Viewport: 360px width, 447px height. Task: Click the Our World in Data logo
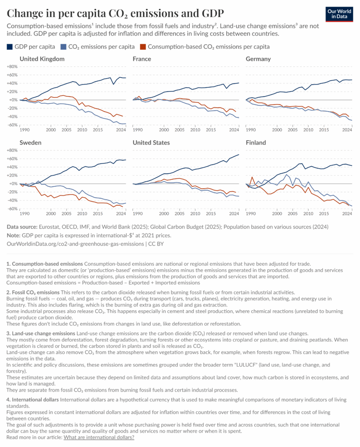(x=339, y=14)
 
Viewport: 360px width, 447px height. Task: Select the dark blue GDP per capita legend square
(x=10, y=46)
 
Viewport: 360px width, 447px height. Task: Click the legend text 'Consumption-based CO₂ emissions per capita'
(x=209, y=46)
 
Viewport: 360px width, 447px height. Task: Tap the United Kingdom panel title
(x=42, y=59)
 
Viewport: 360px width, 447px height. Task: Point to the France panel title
(x=142, y=59)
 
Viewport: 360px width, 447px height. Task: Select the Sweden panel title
(x=31, y=143)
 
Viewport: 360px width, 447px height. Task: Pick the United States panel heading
(x=151, y=143)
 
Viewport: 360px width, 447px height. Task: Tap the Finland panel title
(x=256, y=143)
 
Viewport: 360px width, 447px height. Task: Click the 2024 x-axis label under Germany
(x=347, y=130)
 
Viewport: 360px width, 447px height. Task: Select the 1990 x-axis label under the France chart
(x=138, y=130)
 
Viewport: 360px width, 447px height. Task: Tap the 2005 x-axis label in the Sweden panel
(x=66, y=214)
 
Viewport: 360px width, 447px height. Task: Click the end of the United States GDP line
(x=239, y=155)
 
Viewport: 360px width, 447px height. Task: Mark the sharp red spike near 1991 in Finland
(x=252, y=177)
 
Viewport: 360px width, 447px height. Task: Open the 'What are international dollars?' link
(x=99, y=437)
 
